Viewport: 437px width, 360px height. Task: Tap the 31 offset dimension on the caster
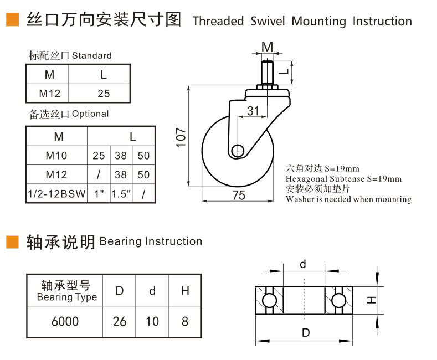click(253, 111)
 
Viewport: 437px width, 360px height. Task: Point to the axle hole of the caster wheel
click(239, 150)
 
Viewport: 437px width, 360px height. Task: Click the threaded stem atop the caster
click(268, 72)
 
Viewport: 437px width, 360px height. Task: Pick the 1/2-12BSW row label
click(56, 194)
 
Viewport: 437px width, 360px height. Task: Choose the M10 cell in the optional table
click(56, 156)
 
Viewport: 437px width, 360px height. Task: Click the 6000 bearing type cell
click(65, 321)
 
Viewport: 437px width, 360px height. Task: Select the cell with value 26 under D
click(120, 321)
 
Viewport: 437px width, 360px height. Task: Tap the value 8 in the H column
click(184, 321)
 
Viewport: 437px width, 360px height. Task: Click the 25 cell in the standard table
click(104, 93)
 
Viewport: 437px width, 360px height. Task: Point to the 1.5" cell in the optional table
click(120, 194)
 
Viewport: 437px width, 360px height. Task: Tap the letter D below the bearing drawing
click(305, 333)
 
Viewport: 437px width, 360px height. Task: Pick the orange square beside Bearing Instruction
click(12, 242)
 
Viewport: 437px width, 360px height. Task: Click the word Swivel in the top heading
click(268, 21)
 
